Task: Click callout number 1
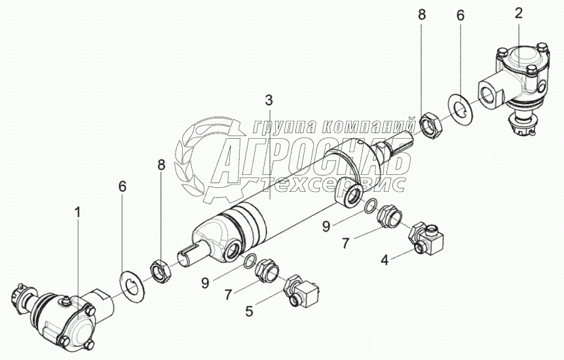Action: point(78,212)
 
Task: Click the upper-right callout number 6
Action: point(461,16)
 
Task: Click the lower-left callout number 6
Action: point(121,187)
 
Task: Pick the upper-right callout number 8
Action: point(421,14)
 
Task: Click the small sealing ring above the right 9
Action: point(370,205)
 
